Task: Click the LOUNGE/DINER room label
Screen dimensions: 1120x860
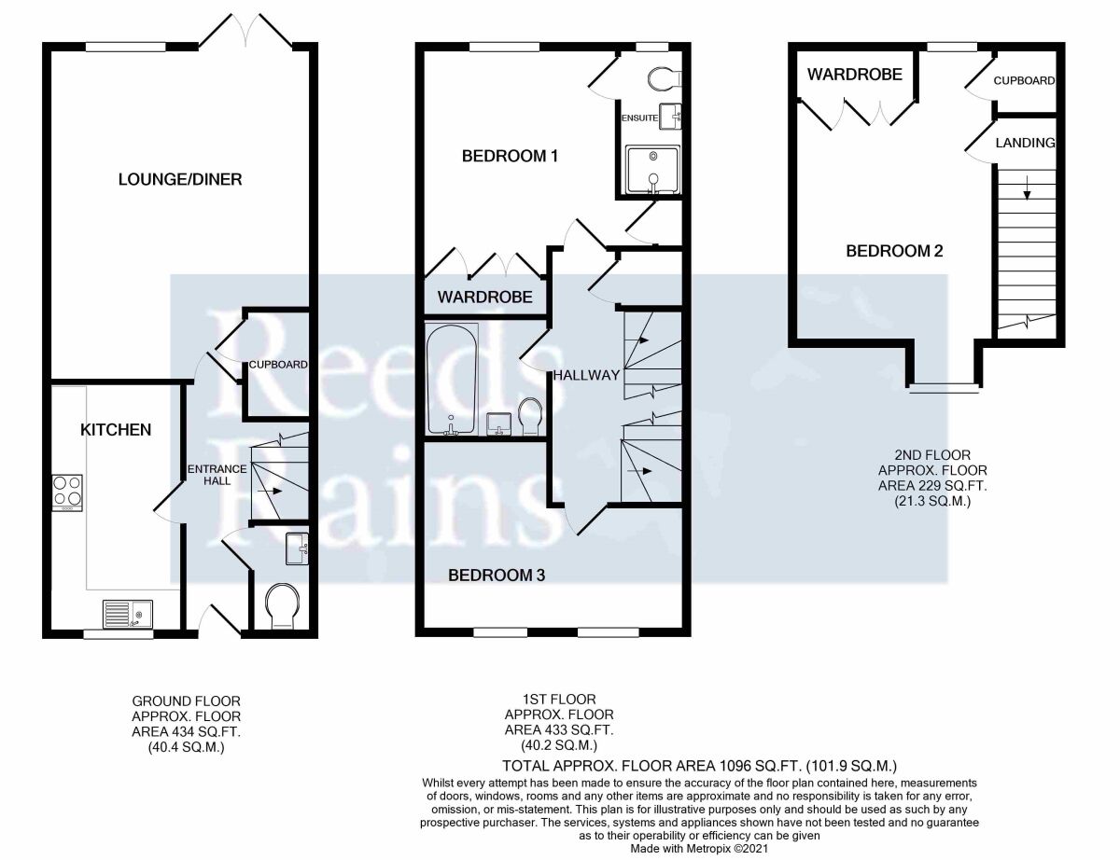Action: (180, 179)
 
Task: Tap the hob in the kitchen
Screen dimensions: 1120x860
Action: (67, 492)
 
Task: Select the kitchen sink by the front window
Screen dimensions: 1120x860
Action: (127, 615)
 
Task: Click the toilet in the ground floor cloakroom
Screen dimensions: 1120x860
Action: (282, 605)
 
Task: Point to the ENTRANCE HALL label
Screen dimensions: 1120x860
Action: (217, 475)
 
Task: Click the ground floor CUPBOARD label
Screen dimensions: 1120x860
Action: (278, 365)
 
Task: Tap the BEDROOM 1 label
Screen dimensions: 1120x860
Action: (510, 156)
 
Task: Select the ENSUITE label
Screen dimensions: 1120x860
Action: (639, 118)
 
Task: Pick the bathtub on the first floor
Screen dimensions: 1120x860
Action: (451, 380)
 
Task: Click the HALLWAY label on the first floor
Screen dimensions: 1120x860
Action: (586, 375)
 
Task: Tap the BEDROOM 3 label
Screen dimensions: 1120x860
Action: (497, 576)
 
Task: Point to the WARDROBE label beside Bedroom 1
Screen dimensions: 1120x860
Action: (485, 298)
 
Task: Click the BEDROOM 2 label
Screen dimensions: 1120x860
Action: (894, 251)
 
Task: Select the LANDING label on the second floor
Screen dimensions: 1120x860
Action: (1025, 143)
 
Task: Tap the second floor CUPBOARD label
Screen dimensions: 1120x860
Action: (1024, 81)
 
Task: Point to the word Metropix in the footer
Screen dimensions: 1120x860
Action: (708, 849)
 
